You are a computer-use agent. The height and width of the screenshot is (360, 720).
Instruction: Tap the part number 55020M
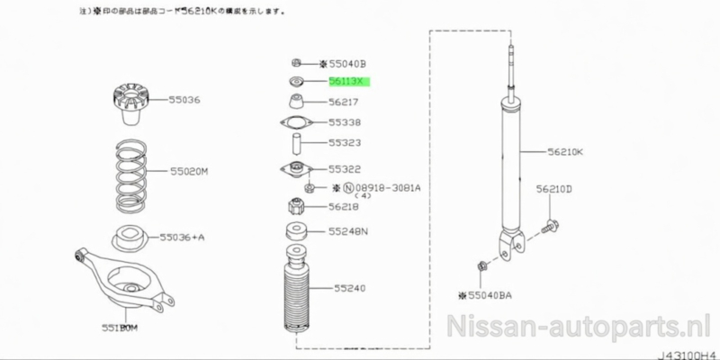pyautogui.click(x=190, y=170)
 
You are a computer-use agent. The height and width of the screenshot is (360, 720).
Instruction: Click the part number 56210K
pyautogui.click(x=565, y=152)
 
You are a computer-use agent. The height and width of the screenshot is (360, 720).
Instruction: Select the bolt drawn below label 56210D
pyautogui.click(x=551, y=224)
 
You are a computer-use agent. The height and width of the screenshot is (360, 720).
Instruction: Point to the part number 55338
pyautogui.click(x=344, y=121)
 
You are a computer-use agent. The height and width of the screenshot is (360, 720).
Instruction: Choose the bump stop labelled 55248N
pyautogui.click(x=295, y=230)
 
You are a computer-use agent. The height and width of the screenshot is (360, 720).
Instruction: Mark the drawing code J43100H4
pyautogui.click(x=687, y=354)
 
